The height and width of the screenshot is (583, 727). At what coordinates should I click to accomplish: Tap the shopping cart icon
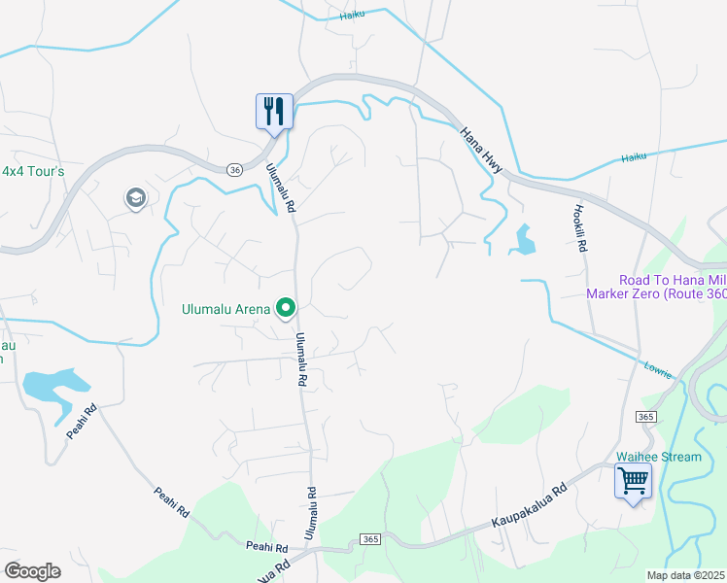(633, 480)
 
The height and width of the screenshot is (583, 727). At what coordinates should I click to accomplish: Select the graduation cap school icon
(135, 199)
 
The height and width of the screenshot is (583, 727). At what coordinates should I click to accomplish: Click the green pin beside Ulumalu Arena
(286, 309)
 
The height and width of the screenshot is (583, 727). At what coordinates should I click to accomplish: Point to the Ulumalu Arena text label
(226, 310)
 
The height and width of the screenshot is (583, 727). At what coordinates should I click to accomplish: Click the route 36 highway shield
(234, 169)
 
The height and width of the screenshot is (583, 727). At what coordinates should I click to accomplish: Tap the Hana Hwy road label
(480, 151)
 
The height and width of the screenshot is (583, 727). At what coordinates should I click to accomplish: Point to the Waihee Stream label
(659, 457)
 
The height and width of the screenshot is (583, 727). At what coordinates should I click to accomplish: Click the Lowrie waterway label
(657, 367)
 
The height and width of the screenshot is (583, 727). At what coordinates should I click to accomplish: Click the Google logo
(32, 570)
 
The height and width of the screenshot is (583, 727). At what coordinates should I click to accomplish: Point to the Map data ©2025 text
(685, 575)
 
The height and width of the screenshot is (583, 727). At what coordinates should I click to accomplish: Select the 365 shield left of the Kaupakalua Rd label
(368, 538)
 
